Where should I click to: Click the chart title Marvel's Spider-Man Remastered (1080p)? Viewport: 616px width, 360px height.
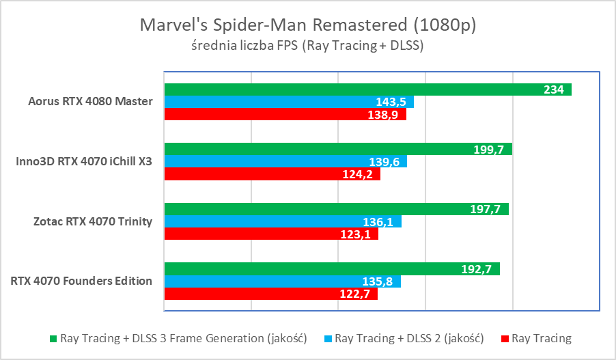(x=307, y=25)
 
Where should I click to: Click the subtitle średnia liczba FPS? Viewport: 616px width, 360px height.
(x=307, y=46)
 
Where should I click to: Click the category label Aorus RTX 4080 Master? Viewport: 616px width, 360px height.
(x=90, y=102)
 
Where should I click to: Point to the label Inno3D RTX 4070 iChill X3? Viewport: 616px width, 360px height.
(x=84, y=162)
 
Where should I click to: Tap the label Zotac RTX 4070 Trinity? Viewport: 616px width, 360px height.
(x=92, y=221)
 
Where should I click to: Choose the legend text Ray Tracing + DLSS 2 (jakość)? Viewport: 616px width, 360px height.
(x=409, y=338)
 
